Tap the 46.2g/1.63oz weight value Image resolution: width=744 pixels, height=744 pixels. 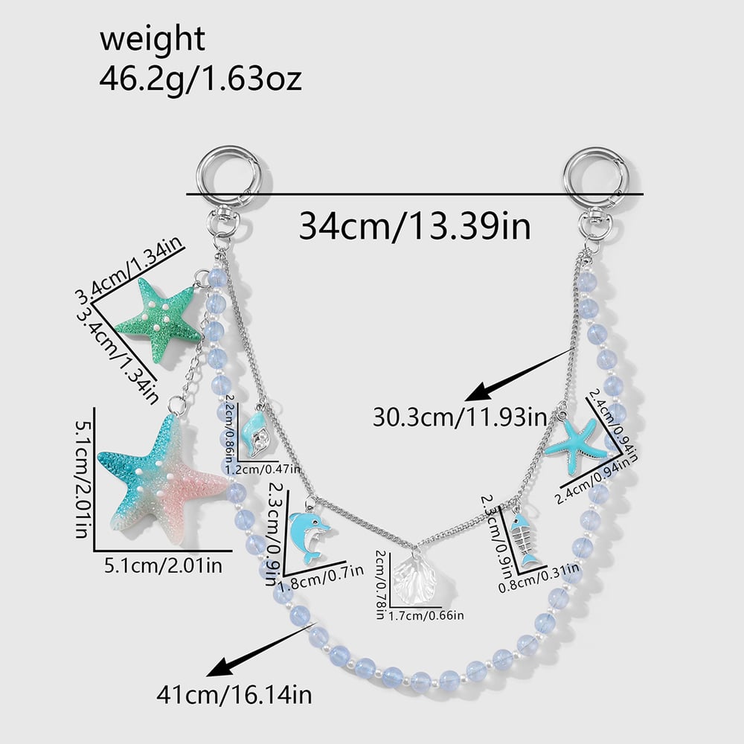point(200,79)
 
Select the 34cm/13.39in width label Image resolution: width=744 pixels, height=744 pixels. point(414,226)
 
